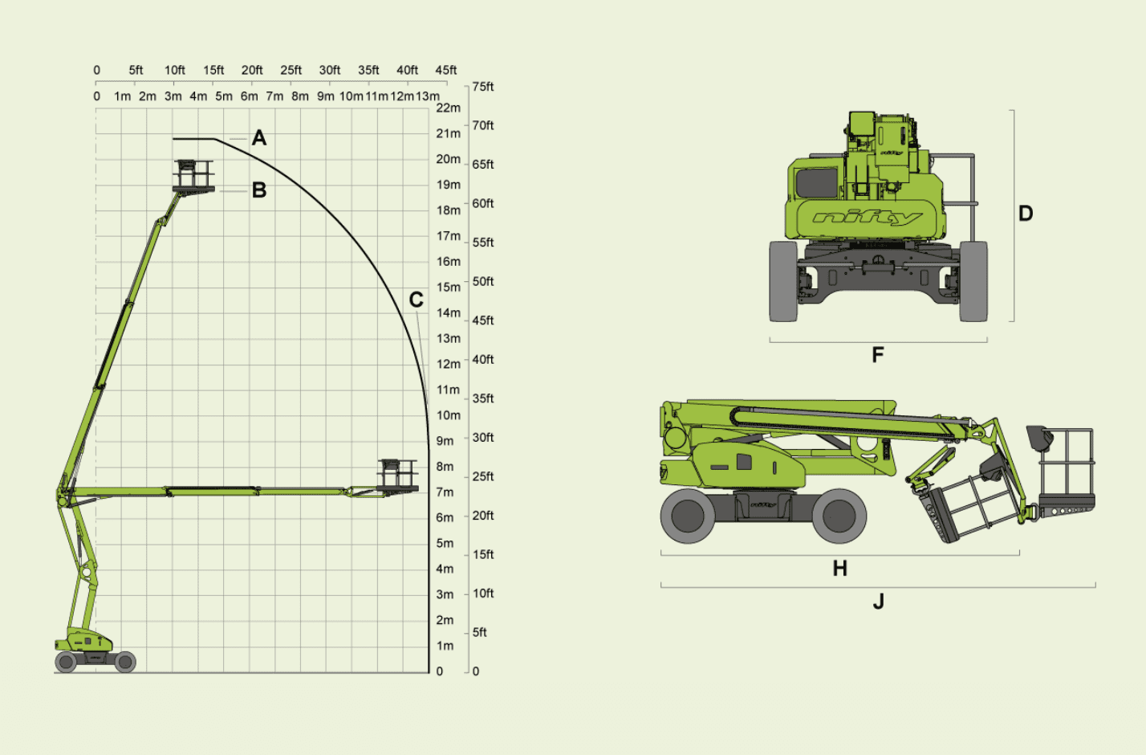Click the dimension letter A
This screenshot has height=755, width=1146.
pyautogui.click(x=259, y=138)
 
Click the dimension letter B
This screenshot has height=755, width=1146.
pyautogui.click(x=259, y=190)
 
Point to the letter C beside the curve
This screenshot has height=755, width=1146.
pyautogui.click(x=417, y=300)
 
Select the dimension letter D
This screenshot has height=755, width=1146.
pyautogui.click(x=1026, y=214)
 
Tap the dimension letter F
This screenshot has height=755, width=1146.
pyautogui.click(x=878, y=355)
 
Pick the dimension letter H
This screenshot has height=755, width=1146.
pyautogui.click(x=840, y=568)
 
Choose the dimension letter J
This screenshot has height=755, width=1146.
pyautogui.click(x=879, y=602)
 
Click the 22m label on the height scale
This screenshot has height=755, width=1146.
pyautogui.click(x=448, y=108)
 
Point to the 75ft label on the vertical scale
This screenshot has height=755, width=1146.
pyautogui.click(x=483, y=87)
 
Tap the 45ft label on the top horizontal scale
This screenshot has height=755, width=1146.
pyautogui.click(x=445, y=70)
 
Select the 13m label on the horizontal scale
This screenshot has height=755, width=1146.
pyautogui.click(x=428, y=96)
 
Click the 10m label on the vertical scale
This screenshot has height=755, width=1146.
pyautogui.click(x=448, y=415)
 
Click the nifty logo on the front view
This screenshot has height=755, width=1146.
pyautogui.click(x=868, y=218)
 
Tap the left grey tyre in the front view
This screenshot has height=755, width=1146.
pyautogui.click(x=783, y=282)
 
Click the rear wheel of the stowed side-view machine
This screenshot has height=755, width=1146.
pyautogui.click(x=688, y=516)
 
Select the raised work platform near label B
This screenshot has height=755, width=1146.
pyautogui.click(x=193, y=177)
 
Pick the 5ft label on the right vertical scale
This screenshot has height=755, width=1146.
pyautogui.click(x=479, y=632)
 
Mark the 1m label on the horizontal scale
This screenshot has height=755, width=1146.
pyautogui.click(x=122, y=96)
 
